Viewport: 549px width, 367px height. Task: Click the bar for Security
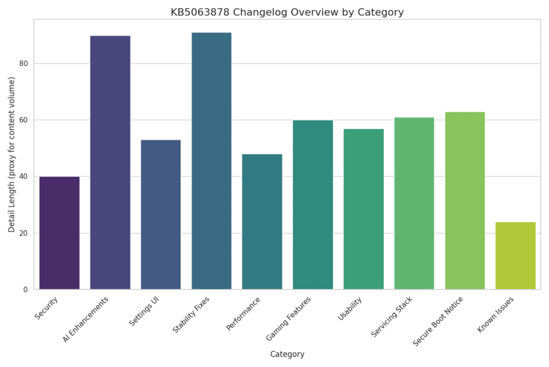tap(60, 233)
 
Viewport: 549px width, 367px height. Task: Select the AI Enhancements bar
tap(110, 162)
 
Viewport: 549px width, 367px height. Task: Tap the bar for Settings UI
tap(161, 214)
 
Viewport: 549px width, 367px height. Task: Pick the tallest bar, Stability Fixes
tap(211, 161)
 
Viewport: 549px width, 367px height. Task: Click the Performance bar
tap(262, 221)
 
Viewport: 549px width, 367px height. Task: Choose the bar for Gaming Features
tap(313, 205)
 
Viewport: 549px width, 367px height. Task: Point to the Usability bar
tap(363, 209)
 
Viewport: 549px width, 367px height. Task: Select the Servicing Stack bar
tap(414, 203)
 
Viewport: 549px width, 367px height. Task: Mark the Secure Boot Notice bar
tap(465, 200)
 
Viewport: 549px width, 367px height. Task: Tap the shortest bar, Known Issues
tap(515, 255)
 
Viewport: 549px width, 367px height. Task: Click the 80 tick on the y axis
tap(23, 63)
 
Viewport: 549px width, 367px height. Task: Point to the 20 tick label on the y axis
tap(23, 233)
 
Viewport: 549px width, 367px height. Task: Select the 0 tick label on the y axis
tap(25, 290)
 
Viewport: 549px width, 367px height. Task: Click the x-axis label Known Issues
tap(496, 314)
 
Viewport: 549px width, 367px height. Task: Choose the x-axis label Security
tap(47, 308)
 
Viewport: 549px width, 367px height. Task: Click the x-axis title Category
tap(287, 354)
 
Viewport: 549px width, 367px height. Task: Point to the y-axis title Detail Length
tap(12, 155)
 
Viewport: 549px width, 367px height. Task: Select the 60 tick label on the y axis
tap(23, 120)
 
